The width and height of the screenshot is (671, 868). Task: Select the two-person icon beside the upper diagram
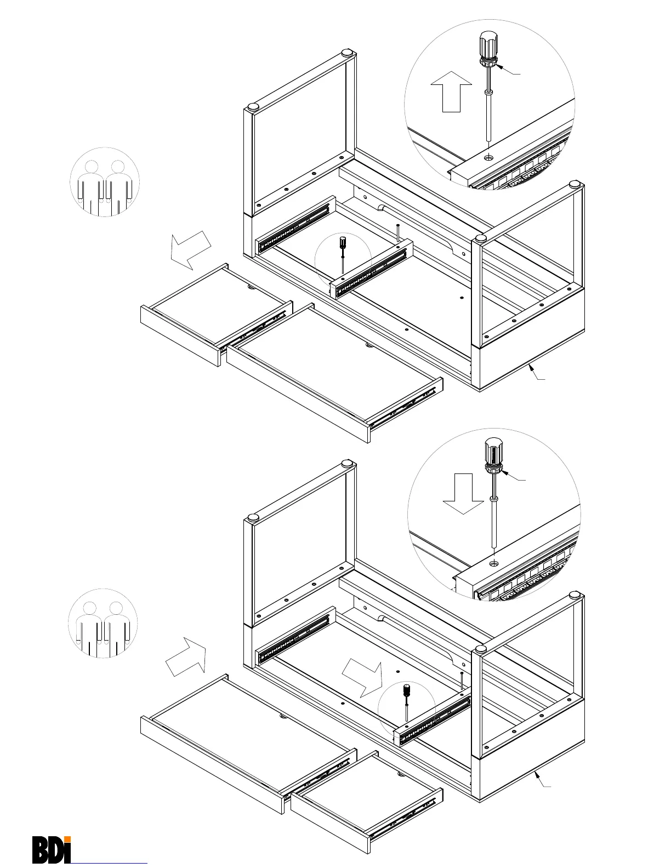[105, 182]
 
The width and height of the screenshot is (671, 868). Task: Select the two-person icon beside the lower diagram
[103, 623]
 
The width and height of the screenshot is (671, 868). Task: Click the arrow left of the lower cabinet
[187, 656]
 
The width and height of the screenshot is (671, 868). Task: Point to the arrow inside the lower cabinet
[362, 674]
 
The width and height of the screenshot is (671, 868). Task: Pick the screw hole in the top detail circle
[488, 157]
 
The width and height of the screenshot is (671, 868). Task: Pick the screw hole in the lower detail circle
[494, 563]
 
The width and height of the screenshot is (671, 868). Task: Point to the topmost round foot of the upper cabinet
[348, 53]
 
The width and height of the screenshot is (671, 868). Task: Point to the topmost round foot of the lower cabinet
[348, 463]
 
